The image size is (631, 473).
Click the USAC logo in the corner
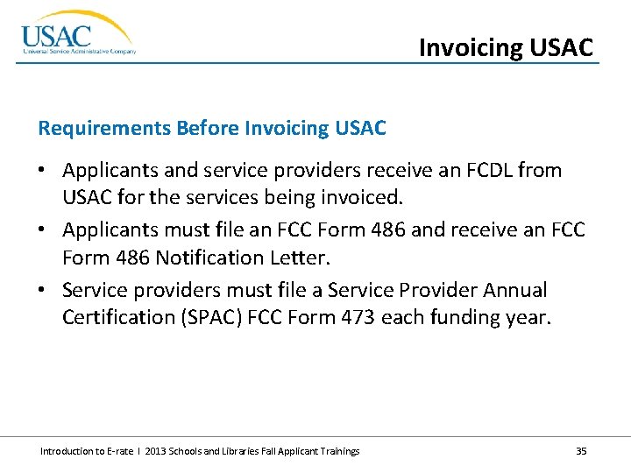coord(77,35)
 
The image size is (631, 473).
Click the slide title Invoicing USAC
coord(506,46)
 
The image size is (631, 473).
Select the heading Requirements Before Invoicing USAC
coord(211,129)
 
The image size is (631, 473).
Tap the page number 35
coord(581,451)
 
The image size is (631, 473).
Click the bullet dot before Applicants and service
coord(44,171)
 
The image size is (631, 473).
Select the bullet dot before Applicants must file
coord(44,230)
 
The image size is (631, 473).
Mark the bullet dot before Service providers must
coord(44,290)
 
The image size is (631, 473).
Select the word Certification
coord(117,317)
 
